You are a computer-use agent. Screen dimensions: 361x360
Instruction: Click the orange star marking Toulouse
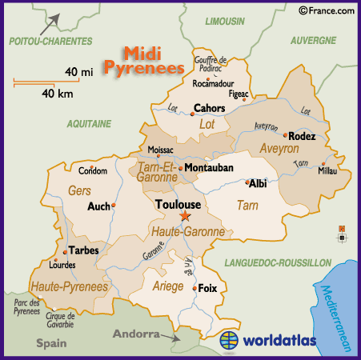(185, 216)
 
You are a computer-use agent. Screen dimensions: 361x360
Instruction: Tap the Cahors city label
(209, 108)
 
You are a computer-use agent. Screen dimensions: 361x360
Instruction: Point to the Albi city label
(258, 183)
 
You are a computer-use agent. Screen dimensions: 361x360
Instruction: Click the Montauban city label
(208, 168)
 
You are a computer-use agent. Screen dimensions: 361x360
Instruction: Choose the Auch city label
(98, 206)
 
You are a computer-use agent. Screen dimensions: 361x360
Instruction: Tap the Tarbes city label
(83, 250)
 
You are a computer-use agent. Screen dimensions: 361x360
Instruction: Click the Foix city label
(207, 287)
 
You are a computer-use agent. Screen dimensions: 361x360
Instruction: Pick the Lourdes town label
(62, 264)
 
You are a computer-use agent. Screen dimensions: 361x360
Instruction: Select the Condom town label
(92, 170)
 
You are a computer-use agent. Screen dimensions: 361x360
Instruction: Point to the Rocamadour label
(214, 82)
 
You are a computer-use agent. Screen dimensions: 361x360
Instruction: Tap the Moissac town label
(161, 150)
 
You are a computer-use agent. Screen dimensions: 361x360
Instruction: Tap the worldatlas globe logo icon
(231, 340)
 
